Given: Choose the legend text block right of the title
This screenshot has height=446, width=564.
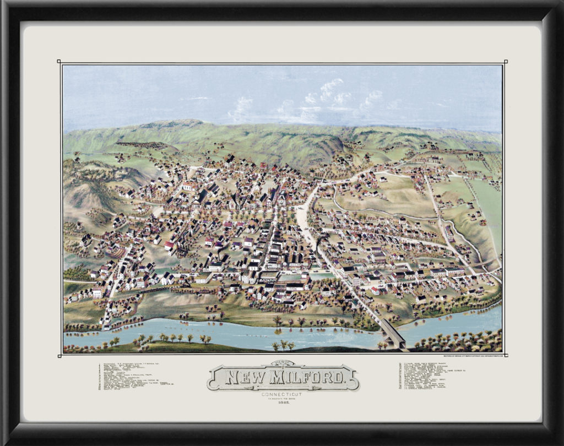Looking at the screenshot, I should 424,375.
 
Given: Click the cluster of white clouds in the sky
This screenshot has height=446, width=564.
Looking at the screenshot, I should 330,94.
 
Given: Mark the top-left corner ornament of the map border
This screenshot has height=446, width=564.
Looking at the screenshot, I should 59,62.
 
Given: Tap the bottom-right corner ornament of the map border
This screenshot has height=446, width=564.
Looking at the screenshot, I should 506,355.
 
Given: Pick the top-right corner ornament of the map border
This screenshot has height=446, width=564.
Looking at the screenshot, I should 506,62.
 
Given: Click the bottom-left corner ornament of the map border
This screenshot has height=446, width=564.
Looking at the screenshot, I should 59,355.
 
